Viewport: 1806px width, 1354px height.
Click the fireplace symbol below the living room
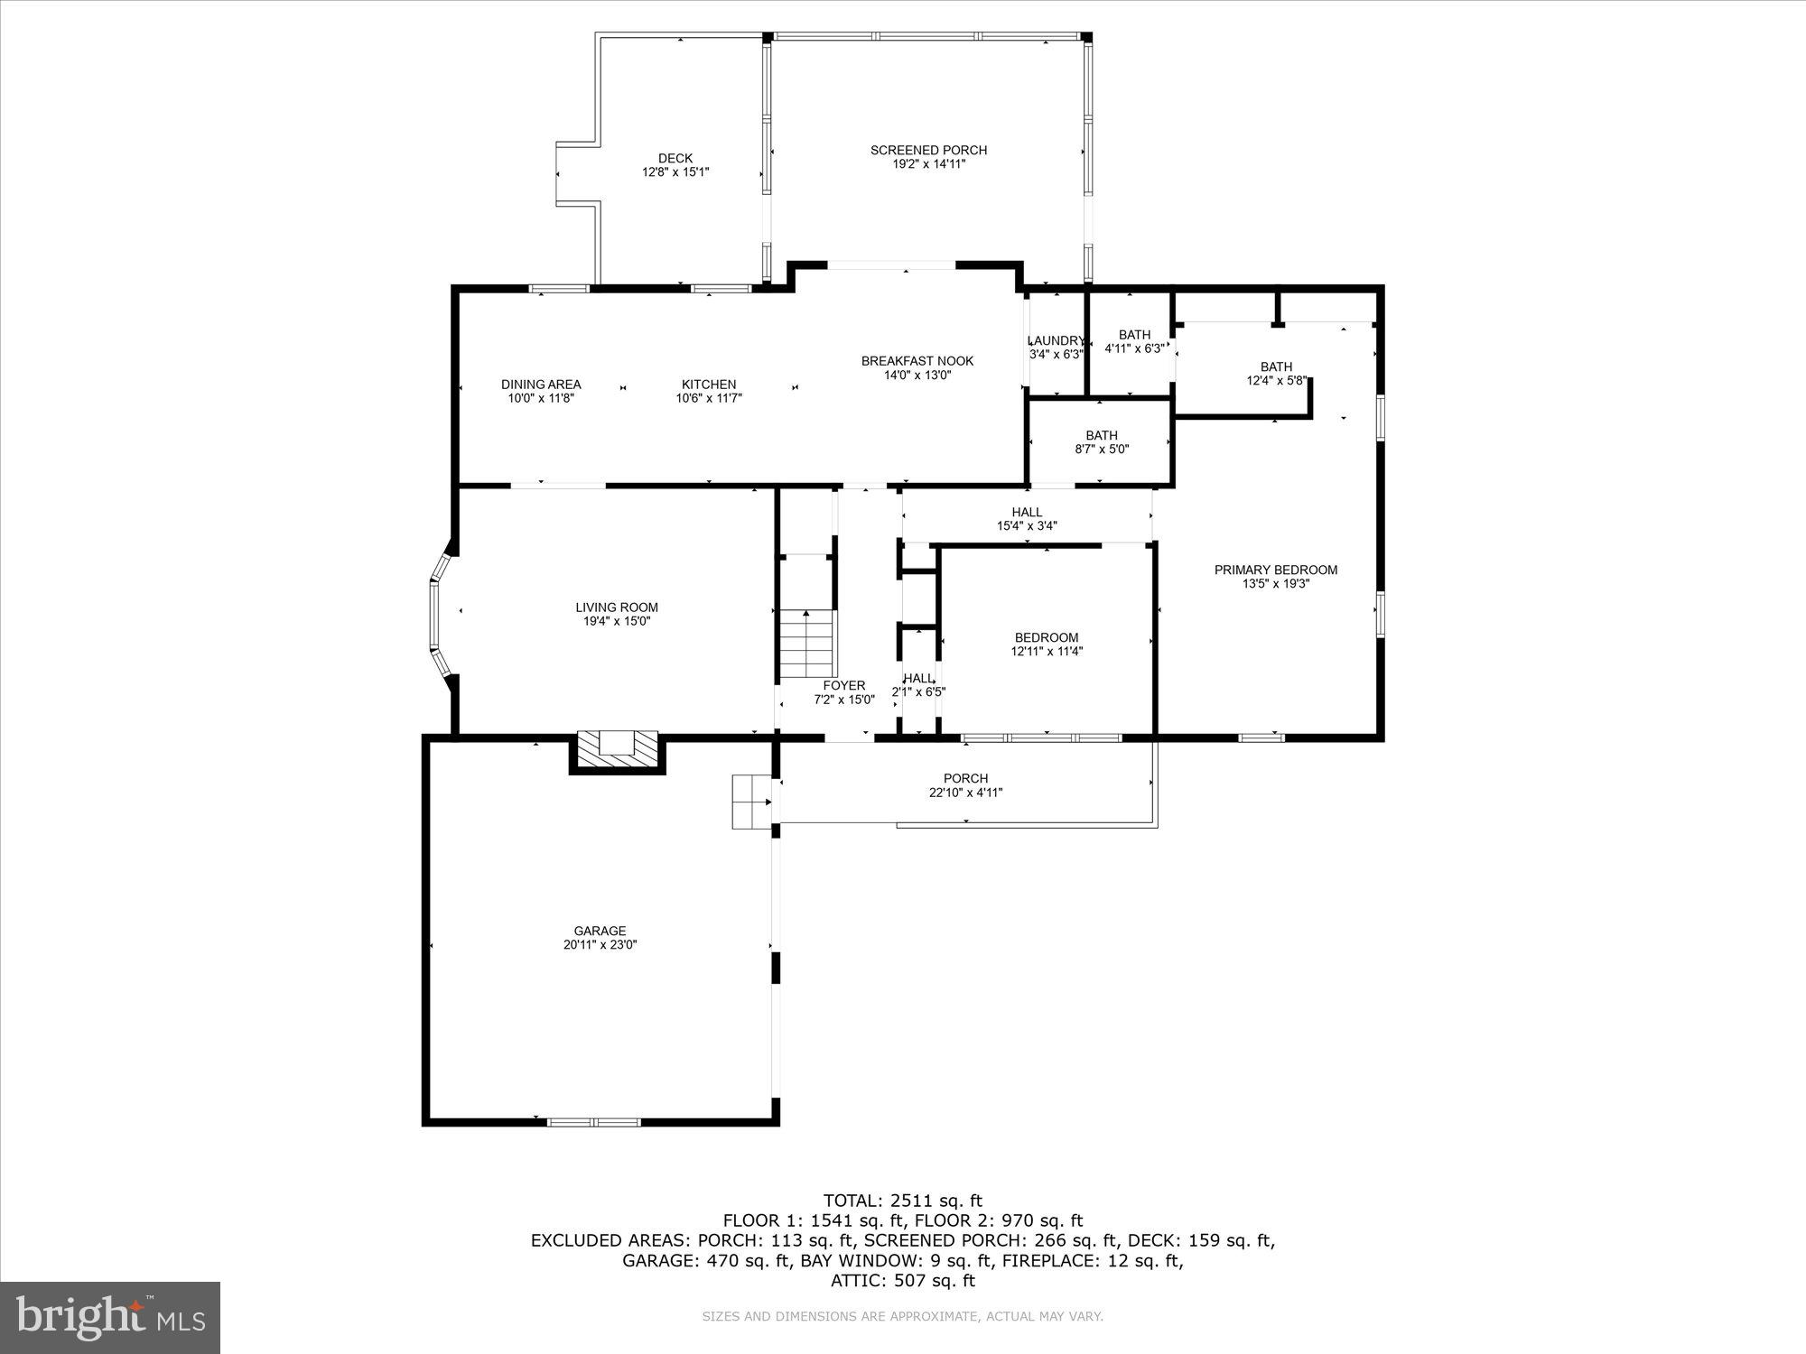pyautogui.click(x=618, y=750)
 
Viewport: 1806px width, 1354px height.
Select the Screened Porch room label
pyautogui.click(x=928, y=150)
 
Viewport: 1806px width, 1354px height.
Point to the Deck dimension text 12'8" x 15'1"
pyautogui.click(x=675, y=172)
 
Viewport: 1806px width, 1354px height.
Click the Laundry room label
pyautogui.click(x=1056, y=340)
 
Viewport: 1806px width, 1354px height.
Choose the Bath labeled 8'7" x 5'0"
pyautogui.click(x=1102, y=441)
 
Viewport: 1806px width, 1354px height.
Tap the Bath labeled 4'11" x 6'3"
pyautogui.click(x=1134, y=341)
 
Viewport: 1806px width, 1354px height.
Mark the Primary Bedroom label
pyautogui.click(x=1275, y=570)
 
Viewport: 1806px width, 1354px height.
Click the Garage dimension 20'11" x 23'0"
pyautogui.click(x=600, y=945)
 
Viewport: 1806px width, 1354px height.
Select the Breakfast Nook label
pyautogui.click(x=917, y=361)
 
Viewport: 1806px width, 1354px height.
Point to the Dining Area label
pyautogui.click(x=541, y=385)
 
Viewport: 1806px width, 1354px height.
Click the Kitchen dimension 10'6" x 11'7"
pyautogui.click(x=709, y=398)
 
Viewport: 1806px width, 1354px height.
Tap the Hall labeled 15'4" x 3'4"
pyautogui.click(x=1027, y=518)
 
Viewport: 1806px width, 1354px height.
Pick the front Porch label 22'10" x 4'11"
pyautogui.click(x=965, y=785)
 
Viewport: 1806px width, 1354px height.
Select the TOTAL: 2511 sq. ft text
pyautogui.click(x=902, y=1201)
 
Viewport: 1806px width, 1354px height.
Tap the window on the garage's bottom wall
pyautogui.click(x=593, y=1122)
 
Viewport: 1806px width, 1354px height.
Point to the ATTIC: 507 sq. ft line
pyautogui.click(x=902, y=1280)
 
